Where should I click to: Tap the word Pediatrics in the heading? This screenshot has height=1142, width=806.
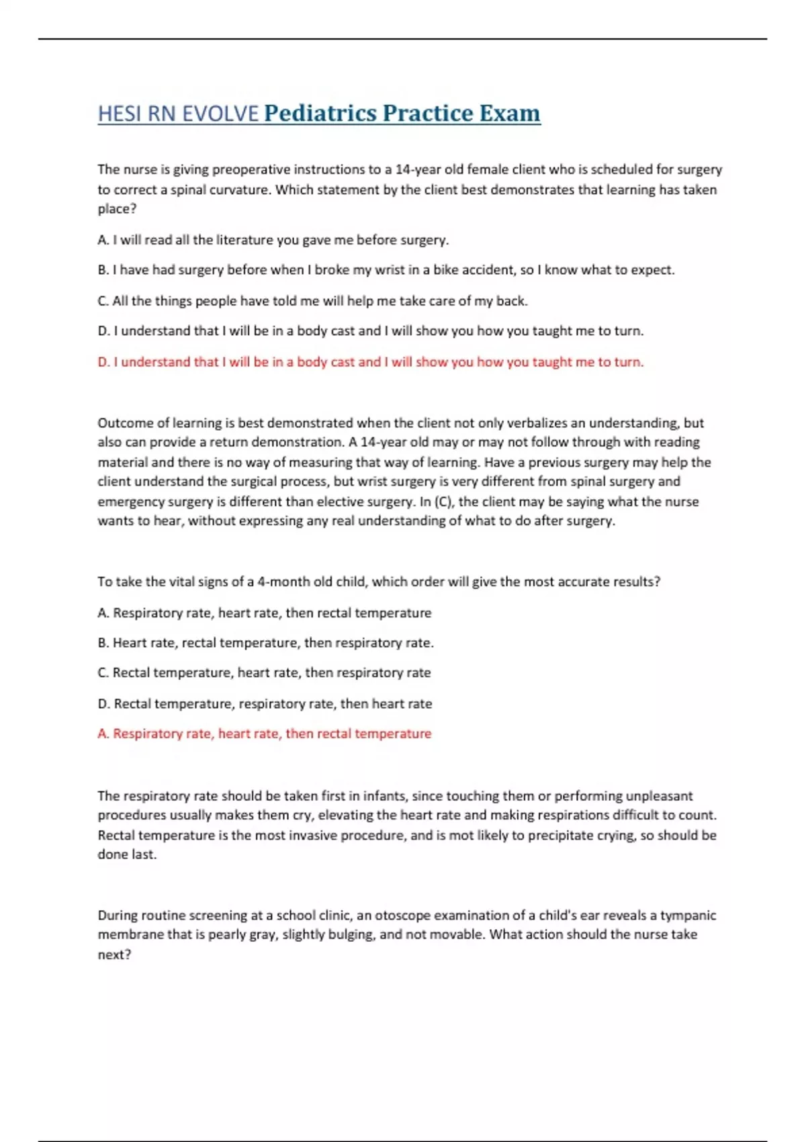click(x=320, y=114)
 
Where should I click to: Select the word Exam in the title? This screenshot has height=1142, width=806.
click(x=509, y=114)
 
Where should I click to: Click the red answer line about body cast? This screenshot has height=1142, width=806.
click(x=370, y=362)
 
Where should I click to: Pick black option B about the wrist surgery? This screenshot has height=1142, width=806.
click(x=386, y=270)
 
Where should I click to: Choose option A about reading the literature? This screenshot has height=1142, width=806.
click(x=273, y=240)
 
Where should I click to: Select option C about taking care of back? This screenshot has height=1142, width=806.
click(x=312, y=301)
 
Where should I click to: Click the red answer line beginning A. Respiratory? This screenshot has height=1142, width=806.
click(x=264, y=734)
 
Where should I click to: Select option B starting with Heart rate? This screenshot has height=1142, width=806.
click(x=265, y=643)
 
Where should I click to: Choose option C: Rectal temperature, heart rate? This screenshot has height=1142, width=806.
click(x=264, y=673)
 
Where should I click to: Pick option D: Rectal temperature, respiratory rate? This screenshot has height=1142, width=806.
click(x=265, y=704)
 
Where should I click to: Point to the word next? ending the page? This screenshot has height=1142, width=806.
click(x=114, y=955)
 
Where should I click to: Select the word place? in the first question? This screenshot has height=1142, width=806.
click(x=117, y=209)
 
